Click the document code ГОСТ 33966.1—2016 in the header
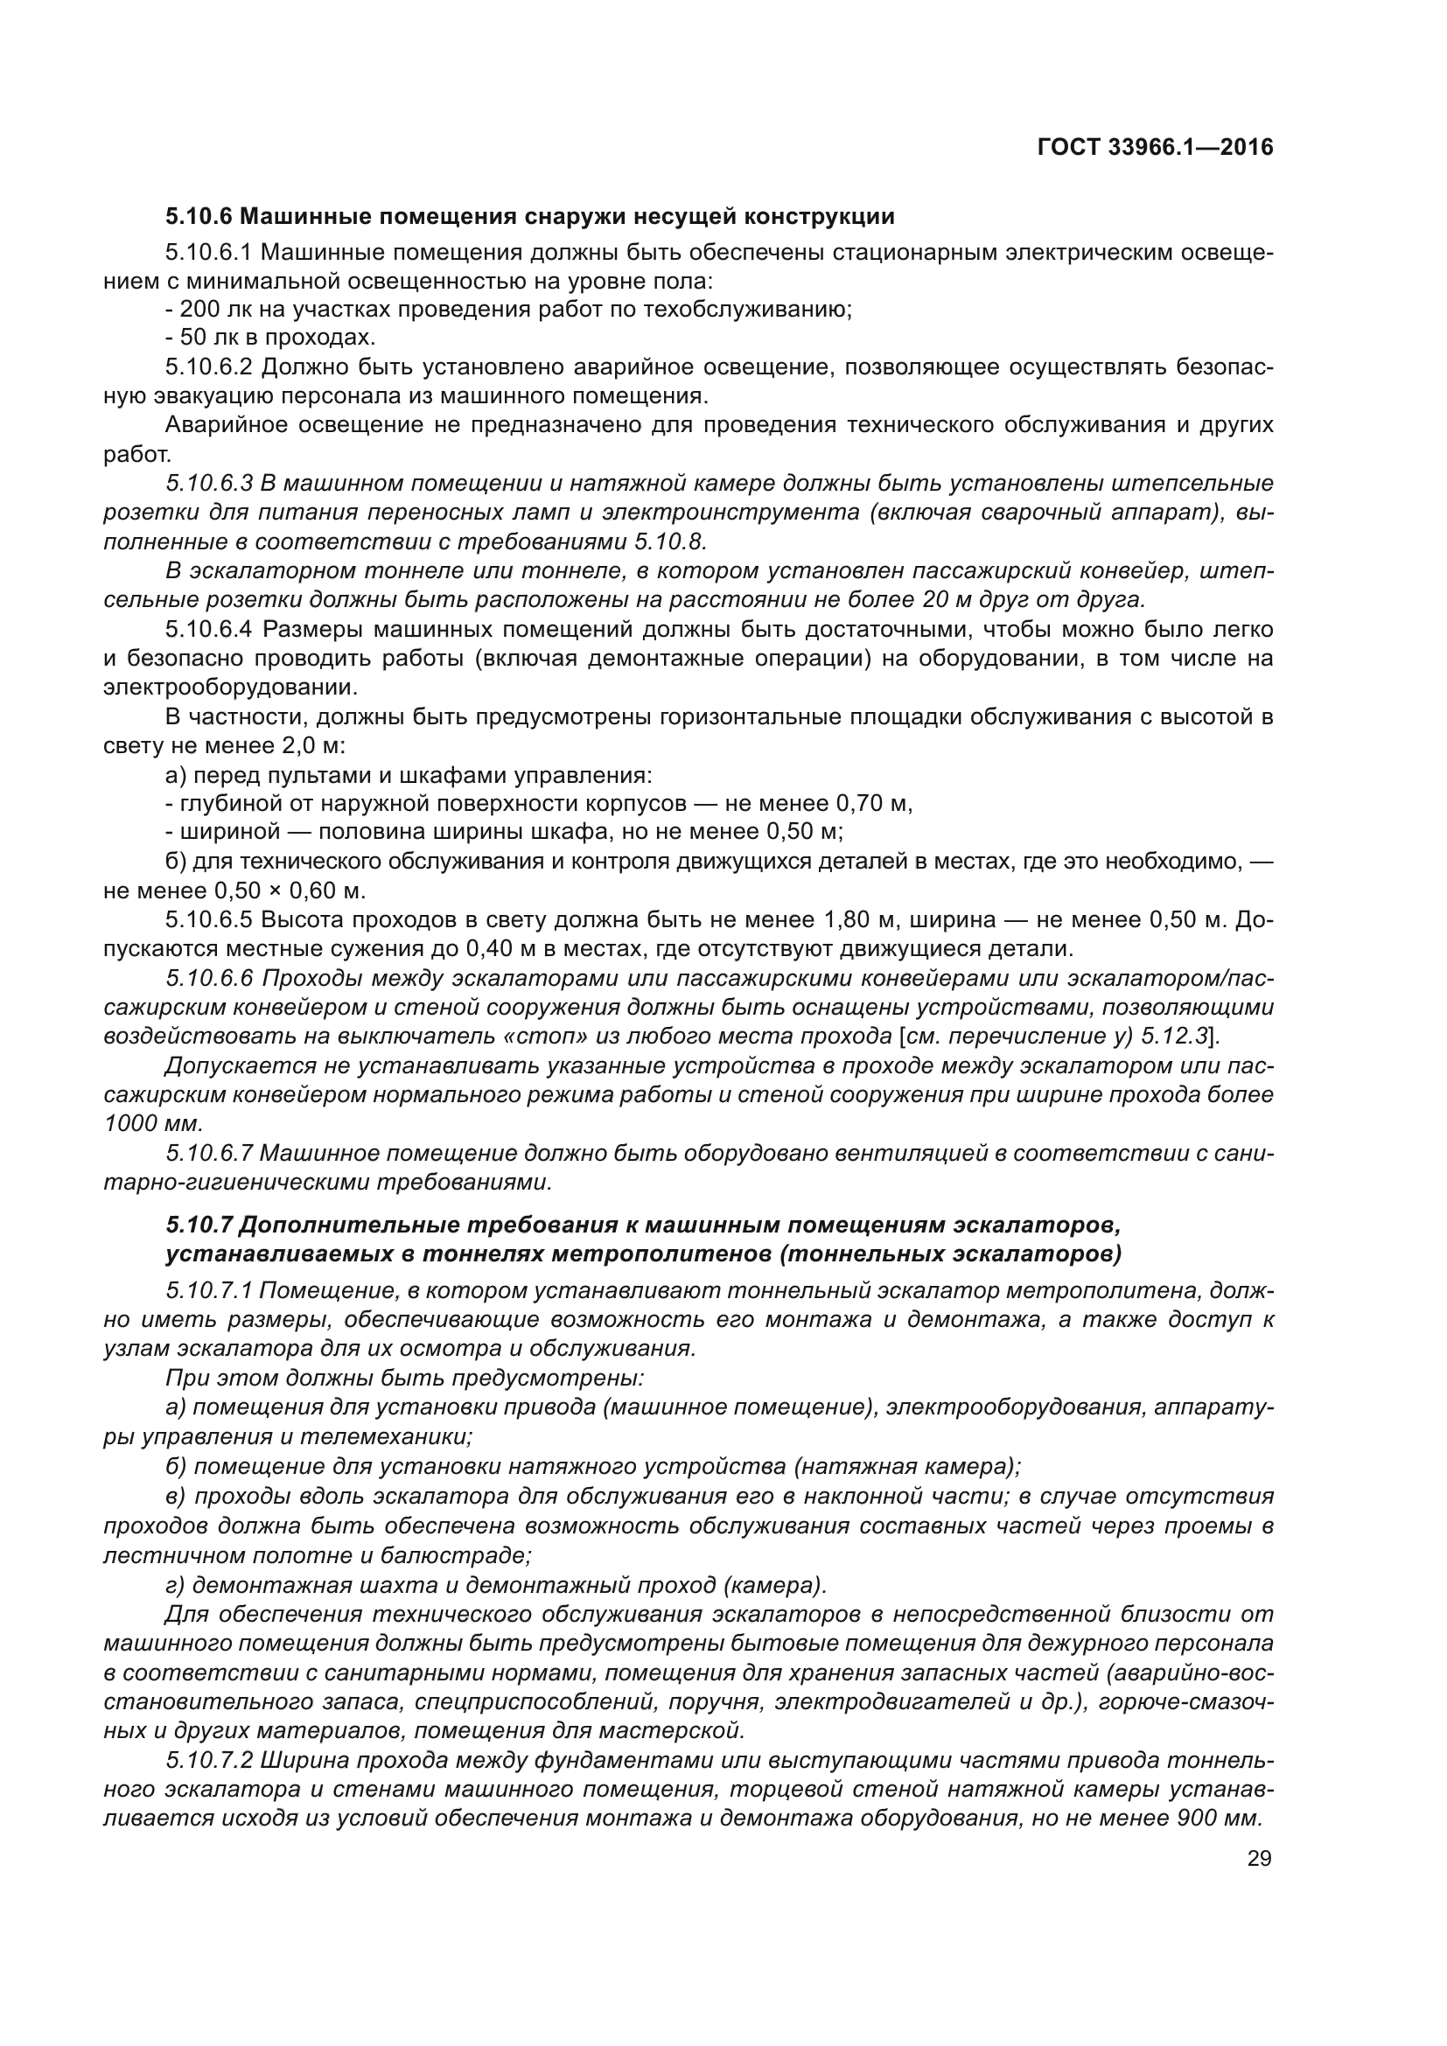tap(1155, 147)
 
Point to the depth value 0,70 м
tap(873, 803)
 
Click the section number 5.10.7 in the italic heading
tap(199, 1226)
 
